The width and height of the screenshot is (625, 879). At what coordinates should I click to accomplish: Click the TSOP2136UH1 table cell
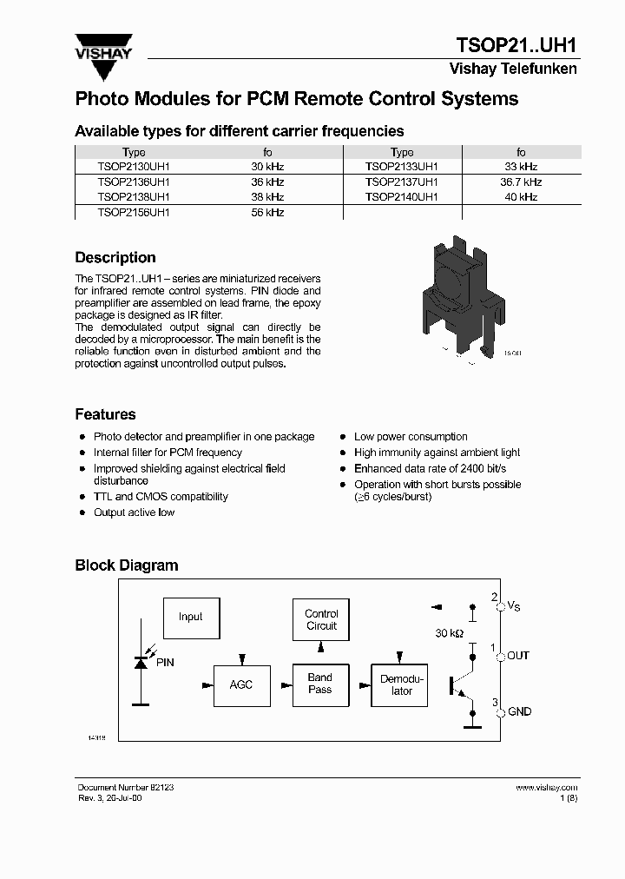134,182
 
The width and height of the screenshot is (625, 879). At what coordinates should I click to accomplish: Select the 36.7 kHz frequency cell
521,182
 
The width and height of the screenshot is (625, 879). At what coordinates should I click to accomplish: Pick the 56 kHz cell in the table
267,212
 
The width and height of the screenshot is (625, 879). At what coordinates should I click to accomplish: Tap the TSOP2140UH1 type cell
402,197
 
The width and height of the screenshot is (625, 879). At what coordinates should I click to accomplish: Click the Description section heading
115,258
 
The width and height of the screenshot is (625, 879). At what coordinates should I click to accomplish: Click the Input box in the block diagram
191,618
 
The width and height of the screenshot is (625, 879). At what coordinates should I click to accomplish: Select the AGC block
241,684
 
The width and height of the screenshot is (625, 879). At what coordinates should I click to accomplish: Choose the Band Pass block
320,684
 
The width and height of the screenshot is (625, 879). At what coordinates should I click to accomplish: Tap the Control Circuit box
321,619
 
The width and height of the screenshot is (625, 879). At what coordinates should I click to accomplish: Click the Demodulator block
402,684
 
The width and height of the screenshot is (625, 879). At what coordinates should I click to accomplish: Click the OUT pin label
518,655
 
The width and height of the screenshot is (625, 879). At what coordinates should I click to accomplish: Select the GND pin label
519,711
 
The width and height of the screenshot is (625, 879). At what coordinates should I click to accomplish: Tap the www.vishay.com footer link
546,787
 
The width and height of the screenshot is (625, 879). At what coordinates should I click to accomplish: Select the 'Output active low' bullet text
134,512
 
